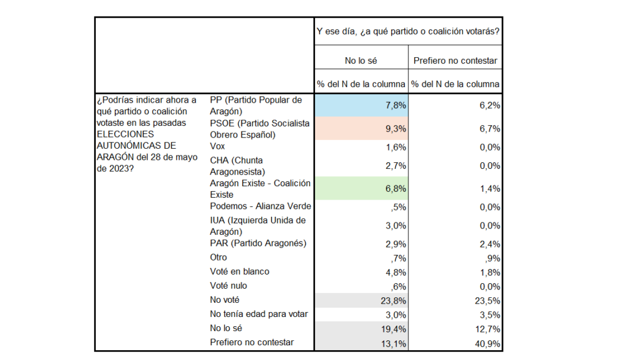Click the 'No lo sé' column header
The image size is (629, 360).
(361, 61)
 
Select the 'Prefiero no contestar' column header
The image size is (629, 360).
(455, 61)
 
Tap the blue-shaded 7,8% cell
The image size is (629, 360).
(361, 106)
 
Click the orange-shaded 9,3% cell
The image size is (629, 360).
(361, 129)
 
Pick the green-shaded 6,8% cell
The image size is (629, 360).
(361, 189)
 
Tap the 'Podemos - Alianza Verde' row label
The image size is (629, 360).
(260, 206)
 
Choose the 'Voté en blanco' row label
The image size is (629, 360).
(240, 272)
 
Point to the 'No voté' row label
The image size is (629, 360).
(224, 300)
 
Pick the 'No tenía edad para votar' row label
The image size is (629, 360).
(259, 314)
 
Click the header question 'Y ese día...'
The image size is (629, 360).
(407, 31)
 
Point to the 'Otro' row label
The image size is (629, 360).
(218, 257)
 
